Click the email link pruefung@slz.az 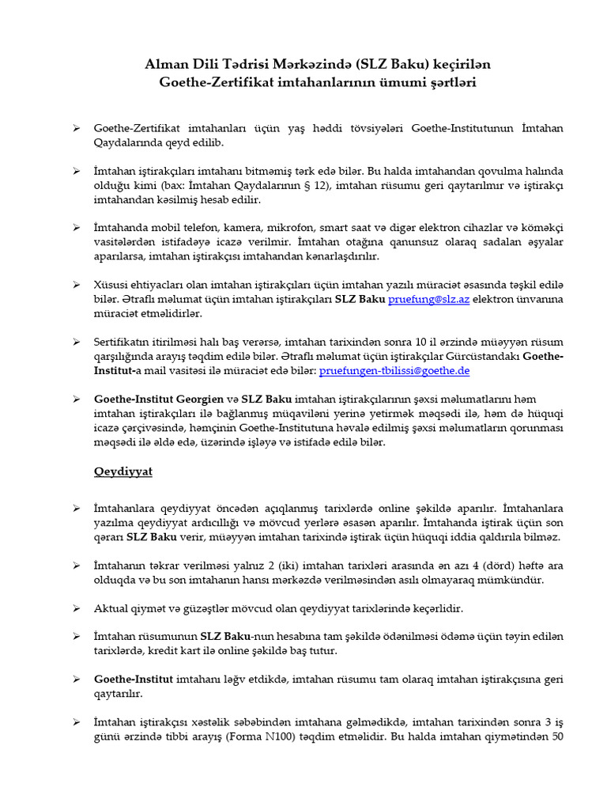point(426,301)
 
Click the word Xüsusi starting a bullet point(114,284)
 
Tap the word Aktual point(115,608)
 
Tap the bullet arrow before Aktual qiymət point(77,608)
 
